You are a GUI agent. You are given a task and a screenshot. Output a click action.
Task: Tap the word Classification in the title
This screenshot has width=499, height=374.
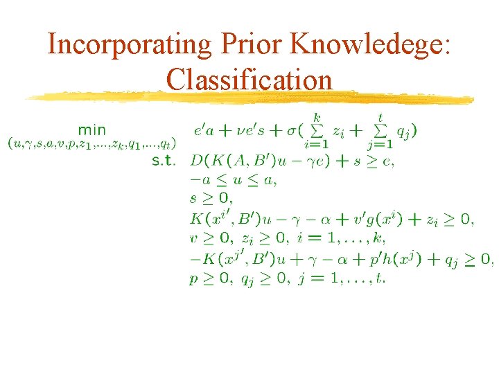[x=249, y=80]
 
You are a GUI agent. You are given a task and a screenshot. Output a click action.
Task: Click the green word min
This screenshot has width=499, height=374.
[x=92, y=130]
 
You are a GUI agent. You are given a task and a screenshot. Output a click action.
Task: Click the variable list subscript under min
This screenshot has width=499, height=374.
[x=91, y=145]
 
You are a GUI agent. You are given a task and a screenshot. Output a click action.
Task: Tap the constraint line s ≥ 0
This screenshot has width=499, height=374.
[x=211, y=199]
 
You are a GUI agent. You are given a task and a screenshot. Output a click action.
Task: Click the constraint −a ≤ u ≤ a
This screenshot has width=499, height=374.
[x=232, y=180]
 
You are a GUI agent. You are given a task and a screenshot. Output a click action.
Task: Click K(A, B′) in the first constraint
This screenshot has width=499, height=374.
[x=240, y=161]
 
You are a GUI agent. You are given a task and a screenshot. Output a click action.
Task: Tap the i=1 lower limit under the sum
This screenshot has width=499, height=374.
[x=315, y=144]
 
